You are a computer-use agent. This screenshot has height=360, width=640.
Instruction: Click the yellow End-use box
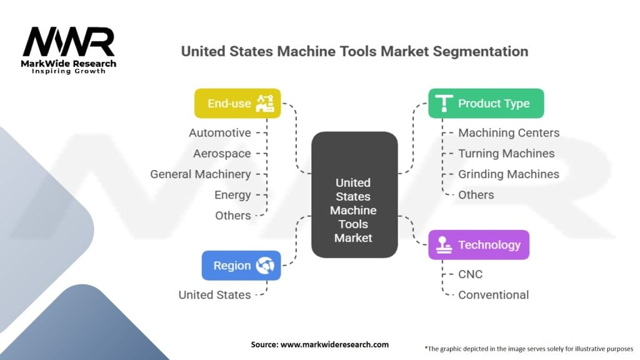[237, 103]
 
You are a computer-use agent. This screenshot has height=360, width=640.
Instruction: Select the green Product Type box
[486, 103]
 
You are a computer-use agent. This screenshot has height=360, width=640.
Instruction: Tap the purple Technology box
[479, 245]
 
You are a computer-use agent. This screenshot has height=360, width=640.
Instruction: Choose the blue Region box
[241, 265]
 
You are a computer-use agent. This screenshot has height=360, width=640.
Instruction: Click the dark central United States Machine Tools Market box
[354, 195]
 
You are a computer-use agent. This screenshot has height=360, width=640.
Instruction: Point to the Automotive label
[220, 132]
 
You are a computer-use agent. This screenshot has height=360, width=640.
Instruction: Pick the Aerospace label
[222, 154]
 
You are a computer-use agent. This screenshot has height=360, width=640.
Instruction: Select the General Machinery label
[201, 174]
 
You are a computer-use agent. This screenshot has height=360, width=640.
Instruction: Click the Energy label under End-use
[232, 195]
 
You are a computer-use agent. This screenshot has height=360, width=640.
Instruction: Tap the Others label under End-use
[233, 216]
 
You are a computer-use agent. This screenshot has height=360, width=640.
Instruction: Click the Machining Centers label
[509, 132]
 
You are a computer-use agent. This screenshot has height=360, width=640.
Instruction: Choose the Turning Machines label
[506, 154]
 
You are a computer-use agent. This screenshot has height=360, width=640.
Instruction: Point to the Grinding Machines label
[509, 174]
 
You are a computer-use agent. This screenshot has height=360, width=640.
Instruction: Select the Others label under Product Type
[476, 195]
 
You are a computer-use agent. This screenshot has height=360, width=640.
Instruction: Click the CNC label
[470, 274]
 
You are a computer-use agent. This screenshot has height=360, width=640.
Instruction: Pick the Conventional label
[494, 295]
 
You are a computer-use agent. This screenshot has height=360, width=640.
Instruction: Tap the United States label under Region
[215, 295]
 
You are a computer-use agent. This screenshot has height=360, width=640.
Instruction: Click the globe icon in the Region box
[265, 265]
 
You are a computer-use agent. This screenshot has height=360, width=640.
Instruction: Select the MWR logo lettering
[69, 41]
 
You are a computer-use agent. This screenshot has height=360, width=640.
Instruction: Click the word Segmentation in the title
[481, 52]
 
